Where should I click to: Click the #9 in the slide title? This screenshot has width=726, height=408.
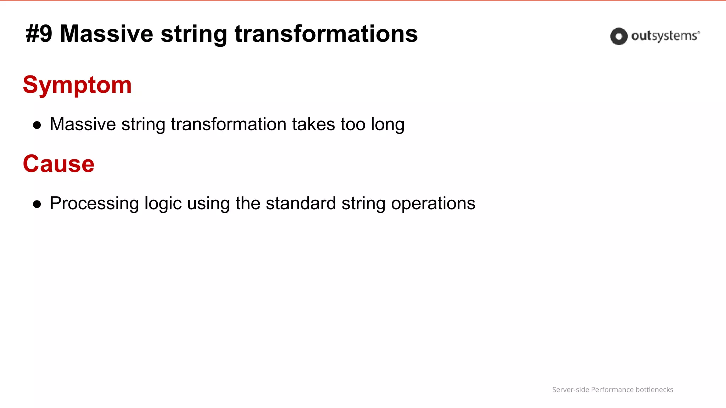[x=39, y=34]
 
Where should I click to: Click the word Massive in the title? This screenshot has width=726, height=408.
[x=106, y=34]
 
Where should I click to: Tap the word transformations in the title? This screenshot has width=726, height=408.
[x=326, y=34]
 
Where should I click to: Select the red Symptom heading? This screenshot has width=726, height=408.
[x=77, y=85]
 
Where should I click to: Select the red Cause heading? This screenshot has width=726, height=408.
[x=59, y=164]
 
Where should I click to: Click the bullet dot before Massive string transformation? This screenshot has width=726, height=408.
[x=37, y=125]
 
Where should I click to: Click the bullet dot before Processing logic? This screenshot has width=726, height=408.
[x=37, y=204]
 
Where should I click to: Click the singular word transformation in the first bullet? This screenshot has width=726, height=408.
[x=228, y=124]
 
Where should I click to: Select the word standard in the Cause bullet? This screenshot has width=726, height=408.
[x=301, y=203]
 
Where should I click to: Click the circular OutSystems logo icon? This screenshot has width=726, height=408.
[x=619, y=36]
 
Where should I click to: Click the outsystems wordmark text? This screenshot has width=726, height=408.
[x=664, y=36]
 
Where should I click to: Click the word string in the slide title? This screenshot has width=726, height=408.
[x=194, y=35]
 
